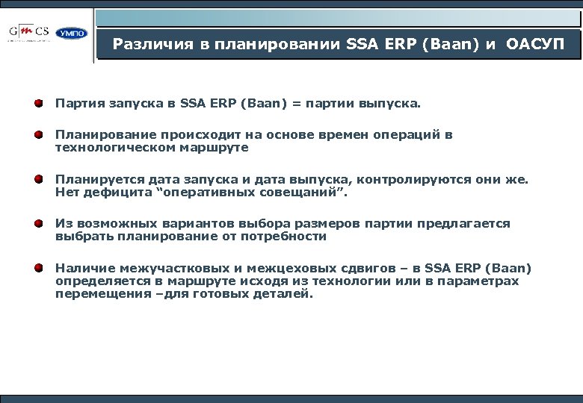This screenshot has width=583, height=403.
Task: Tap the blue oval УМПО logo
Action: click(x=72, y=34)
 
